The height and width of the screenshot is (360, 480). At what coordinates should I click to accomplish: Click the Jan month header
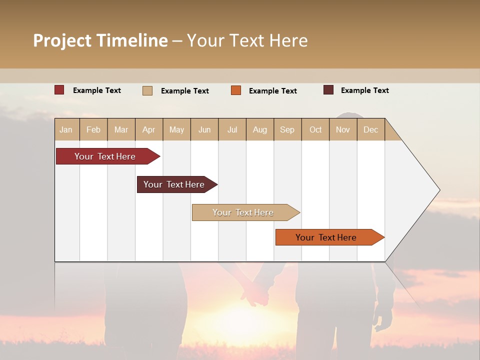pos(66,130)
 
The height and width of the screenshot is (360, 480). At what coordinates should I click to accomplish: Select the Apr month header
pos(149,130)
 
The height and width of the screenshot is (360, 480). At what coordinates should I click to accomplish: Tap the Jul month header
pos(232,130)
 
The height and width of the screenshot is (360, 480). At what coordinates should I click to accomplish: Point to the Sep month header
pos(287,130)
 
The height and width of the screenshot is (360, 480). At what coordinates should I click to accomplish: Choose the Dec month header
pos(370,130)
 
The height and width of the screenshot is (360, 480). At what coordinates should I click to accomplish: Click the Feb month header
pos(93,130)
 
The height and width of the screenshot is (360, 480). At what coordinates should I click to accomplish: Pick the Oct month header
pos(315,130)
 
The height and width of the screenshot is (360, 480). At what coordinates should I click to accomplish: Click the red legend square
pos(59,90)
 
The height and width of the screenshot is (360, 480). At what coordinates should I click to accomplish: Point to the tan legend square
pos(147,90)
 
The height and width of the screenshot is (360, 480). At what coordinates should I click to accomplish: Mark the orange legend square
pos(236,90)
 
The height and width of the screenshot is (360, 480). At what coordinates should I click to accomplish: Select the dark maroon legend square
pos(328,90)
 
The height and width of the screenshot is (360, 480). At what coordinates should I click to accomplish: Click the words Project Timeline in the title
pos(100,40)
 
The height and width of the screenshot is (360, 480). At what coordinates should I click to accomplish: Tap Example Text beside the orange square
pos(273,91)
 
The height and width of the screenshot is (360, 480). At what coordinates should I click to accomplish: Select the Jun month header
pos(204,130)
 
